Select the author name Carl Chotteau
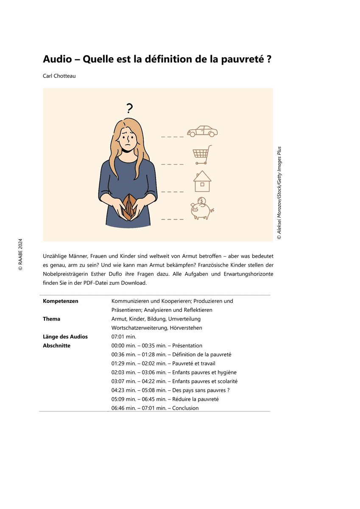59,76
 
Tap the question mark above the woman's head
130,108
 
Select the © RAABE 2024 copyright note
20,255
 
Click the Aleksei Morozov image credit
279,193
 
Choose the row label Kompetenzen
61,301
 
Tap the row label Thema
52,319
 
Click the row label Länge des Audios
65,337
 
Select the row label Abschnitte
56,346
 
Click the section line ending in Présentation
157,346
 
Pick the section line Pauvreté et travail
163,364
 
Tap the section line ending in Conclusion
155,408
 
